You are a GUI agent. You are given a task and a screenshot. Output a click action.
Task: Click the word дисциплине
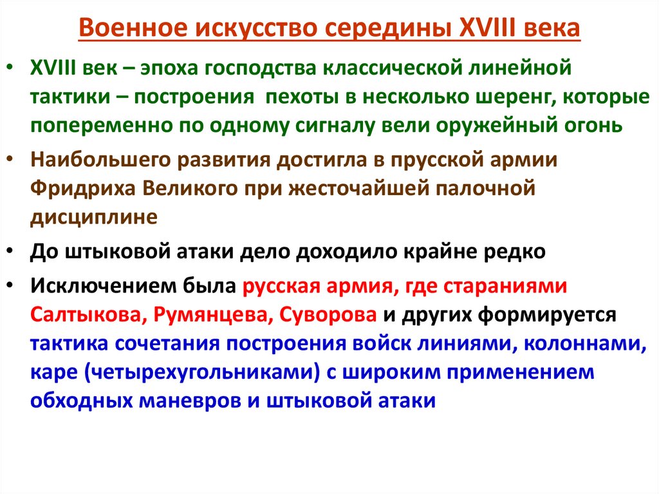point(93,217)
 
